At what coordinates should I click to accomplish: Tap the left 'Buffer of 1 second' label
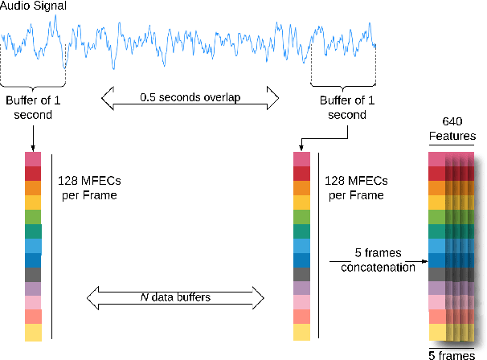tap(32, 108)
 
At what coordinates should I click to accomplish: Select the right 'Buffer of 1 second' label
tap(342, 108)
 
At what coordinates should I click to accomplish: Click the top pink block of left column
tap(32, 159)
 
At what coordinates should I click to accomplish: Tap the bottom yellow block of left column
tap(32, 332)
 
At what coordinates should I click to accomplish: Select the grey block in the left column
tap(32, 274)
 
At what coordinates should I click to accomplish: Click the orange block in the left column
tap(32, 188)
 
